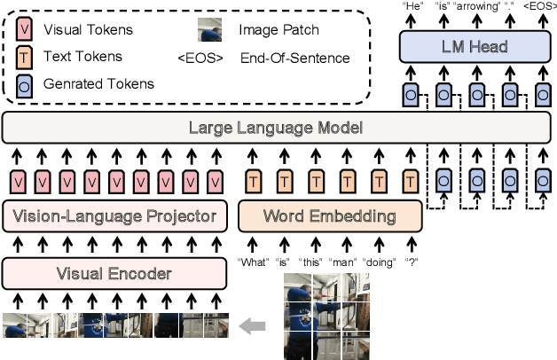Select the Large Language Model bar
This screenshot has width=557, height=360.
tap(276, 128)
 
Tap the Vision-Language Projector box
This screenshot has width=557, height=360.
tap(114, 216)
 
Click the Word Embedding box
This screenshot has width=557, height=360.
tap(330, 216)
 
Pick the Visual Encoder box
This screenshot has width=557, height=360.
tap(114, 273)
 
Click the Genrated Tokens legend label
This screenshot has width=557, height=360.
tap(97, 84)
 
